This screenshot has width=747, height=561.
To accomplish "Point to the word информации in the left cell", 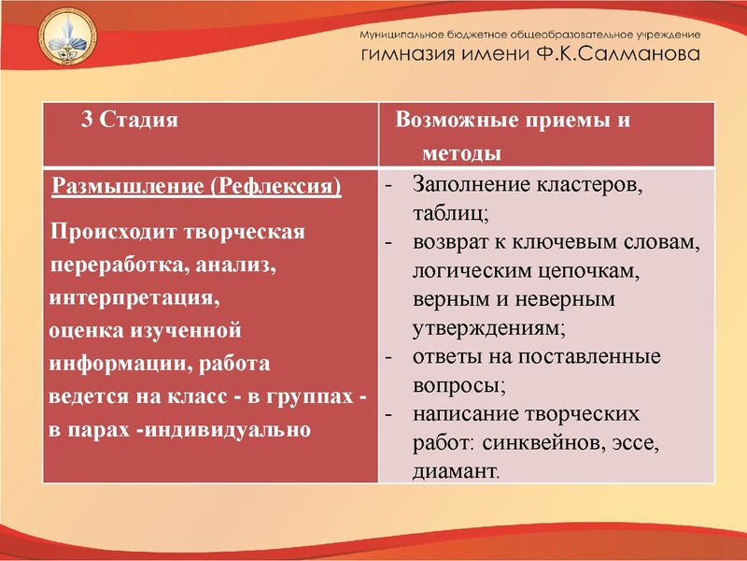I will click(112, 364).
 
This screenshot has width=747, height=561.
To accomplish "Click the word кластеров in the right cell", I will click(588, 185).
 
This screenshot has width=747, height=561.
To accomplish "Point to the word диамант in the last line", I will click(454, 473).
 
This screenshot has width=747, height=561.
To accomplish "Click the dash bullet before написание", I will click(388, 414).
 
